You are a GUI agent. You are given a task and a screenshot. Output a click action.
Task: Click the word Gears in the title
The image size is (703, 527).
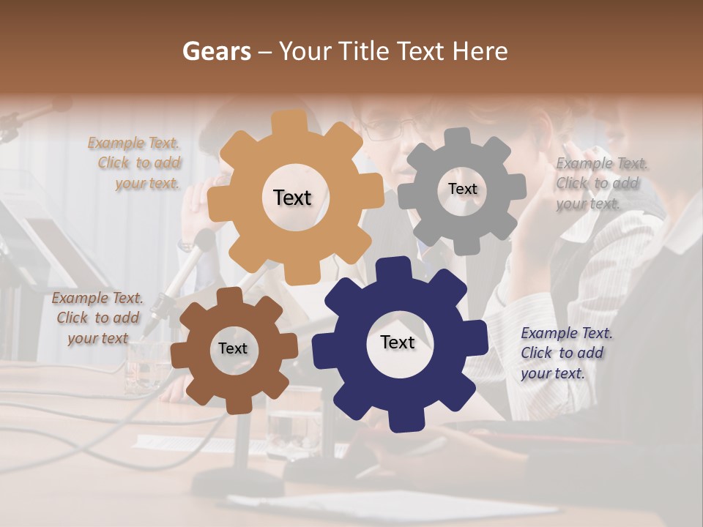click(216, 51)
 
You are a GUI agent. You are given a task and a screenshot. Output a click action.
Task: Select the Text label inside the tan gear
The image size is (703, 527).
click(292, 198)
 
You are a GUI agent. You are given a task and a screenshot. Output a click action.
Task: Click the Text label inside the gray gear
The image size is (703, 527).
click(462, 189)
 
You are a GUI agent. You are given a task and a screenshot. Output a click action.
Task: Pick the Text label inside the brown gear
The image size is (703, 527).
click(233, 348)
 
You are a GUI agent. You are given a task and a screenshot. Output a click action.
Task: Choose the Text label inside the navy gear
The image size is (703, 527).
click(398, 342)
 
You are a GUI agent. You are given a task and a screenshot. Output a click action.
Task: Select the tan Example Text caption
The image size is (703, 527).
click(135, 163)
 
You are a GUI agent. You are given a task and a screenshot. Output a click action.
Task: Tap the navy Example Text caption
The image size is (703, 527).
click(565, 353)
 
